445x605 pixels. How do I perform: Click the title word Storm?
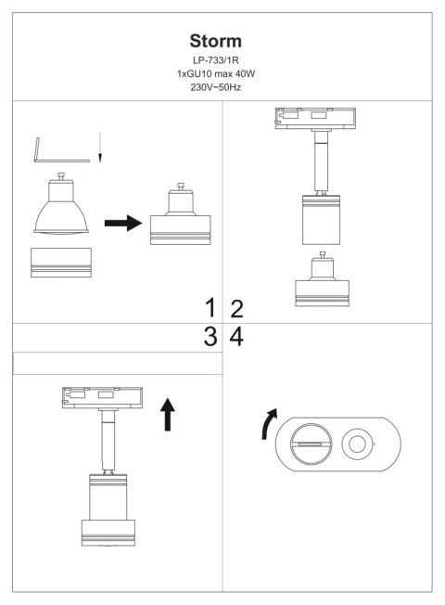point(216,41)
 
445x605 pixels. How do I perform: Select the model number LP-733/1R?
point(216,60)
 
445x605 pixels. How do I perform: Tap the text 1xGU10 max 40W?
point(216,73)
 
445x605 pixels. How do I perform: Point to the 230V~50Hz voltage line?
point(216,87)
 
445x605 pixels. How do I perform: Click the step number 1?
point(210,308)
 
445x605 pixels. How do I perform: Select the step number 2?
point(236,309)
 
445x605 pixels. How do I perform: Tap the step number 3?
point(210,337)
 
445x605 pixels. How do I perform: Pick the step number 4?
point(236,337)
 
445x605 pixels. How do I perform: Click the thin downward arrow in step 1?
point(100,148)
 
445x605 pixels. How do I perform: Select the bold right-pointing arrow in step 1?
point(123,223)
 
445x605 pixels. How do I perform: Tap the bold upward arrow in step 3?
point(168,415)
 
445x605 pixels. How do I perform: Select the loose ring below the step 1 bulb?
point(61,263)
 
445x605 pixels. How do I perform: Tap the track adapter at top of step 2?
point(315,119)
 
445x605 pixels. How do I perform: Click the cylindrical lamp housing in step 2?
point(321,220)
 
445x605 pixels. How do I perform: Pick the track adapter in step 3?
point(102,398)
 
